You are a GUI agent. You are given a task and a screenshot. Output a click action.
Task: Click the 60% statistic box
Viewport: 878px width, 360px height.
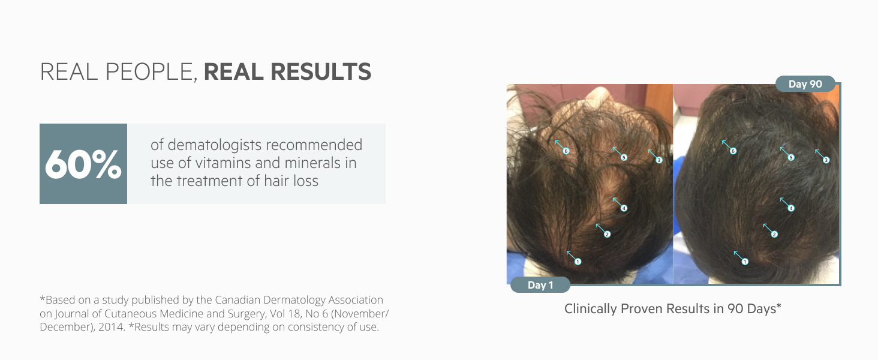83,164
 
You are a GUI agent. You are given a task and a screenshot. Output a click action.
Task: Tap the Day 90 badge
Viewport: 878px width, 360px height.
805,84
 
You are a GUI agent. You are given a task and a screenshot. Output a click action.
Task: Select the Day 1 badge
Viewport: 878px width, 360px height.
540,285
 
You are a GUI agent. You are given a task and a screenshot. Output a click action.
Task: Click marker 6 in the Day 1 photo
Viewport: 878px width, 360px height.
566,151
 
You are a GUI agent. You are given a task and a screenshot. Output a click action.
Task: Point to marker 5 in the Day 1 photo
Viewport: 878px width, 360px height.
624,157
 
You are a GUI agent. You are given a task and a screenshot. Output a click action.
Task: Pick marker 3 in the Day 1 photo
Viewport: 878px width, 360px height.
659,160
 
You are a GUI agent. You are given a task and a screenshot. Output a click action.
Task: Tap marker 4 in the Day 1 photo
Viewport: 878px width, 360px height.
624,208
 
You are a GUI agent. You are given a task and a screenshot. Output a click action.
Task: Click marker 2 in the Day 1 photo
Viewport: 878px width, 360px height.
607,235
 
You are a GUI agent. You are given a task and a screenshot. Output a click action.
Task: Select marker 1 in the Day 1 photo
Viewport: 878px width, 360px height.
578,262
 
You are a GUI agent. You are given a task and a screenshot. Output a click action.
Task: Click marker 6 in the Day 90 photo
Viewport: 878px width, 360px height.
733,151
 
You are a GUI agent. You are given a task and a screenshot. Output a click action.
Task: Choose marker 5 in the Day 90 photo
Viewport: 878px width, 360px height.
790,157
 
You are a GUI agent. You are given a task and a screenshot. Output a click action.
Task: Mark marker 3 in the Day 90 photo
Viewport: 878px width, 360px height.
826,160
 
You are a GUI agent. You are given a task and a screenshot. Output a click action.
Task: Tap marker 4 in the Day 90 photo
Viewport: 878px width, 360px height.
790,208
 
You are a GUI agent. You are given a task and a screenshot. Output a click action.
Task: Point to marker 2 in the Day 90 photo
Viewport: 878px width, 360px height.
774,235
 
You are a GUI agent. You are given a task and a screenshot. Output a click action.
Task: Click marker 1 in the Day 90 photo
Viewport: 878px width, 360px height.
745,262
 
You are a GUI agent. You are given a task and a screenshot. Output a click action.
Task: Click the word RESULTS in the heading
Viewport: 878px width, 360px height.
321,72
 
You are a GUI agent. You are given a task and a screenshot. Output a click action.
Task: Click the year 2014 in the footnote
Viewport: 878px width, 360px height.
112,327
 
